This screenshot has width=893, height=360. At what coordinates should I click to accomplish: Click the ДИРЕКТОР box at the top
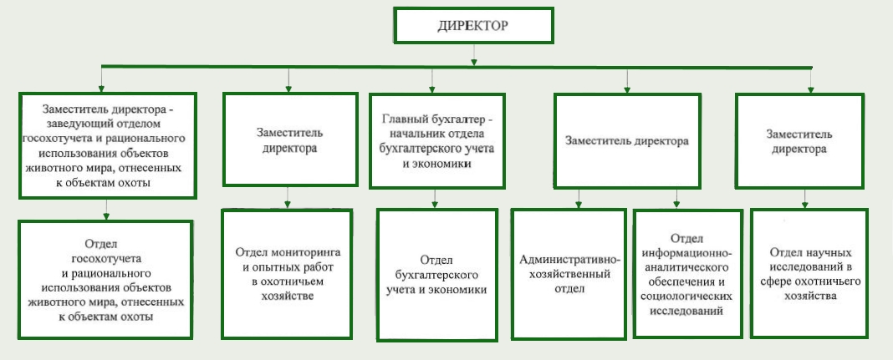(x=473, y=26)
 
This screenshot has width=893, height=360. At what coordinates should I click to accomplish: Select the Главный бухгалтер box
(x=436, y=140)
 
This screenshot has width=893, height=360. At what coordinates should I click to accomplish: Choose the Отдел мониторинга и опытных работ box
(x=287, y=274)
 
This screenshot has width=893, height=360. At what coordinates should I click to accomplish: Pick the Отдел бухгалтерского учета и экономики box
(x=436, y=275)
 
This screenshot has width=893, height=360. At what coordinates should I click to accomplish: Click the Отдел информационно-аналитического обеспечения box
(x=688, y=274)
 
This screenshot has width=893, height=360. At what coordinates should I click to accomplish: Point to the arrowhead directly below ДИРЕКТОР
(x=474, y=62)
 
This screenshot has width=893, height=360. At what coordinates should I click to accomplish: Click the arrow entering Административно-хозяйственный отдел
(x=578, y=198)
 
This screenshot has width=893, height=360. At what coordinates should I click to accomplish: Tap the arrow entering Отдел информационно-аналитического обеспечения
(x=676, y=199)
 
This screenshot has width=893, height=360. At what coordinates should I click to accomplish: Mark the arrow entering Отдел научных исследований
(x=804, y=198)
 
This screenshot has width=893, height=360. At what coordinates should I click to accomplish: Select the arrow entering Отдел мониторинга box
(x=288, y=197)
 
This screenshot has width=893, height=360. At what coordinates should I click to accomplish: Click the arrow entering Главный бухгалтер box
(x=432, y=80)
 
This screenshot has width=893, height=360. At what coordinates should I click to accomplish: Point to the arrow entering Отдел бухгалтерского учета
(x=435, y=199)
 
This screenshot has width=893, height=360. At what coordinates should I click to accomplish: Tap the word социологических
(x=686, y=297)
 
